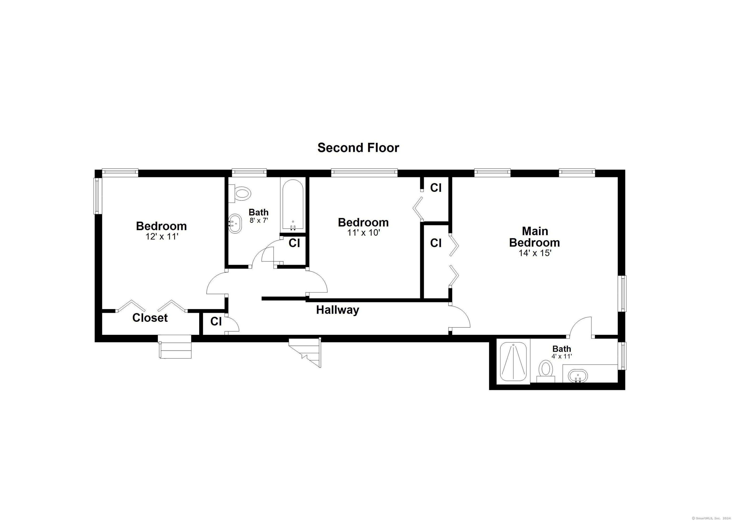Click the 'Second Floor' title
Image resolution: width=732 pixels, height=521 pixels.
(x=358, y=148)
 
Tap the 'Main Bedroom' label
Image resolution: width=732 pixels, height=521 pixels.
(x=534, y=237)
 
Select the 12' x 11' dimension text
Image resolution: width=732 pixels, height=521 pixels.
(x=162, y=237)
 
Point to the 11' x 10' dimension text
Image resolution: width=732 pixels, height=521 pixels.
(x=364, y=233)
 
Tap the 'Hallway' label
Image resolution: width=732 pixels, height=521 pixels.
(x=338, y=310)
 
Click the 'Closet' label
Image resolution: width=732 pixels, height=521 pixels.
(x=150, y=318)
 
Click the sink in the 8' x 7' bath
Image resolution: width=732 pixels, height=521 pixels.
(x=235, y=223)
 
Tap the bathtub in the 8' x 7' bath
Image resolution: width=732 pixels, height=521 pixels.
(x=293, y=205)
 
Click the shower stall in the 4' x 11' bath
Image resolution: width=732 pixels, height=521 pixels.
(x=513, y=362)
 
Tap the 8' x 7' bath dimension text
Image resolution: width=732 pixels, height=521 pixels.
(x=259, y=220)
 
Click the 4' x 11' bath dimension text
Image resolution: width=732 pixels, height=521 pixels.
(x=562, y=356)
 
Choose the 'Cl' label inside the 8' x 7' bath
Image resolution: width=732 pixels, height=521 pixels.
(x=294, y=243)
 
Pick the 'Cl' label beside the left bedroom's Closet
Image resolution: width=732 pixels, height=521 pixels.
(x=216, y=321)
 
